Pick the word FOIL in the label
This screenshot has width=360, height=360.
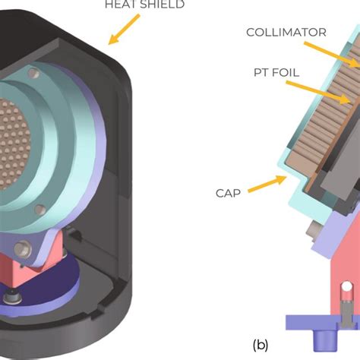(290, 72)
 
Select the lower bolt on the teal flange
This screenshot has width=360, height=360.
(23, 247)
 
